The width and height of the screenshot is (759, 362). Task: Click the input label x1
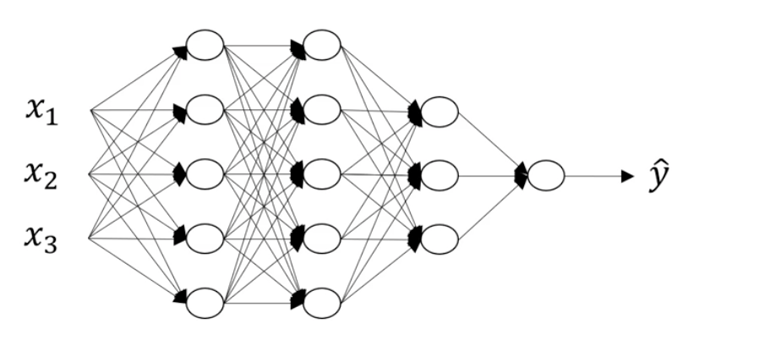[41, 112]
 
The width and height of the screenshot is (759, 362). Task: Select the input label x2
[41, 175]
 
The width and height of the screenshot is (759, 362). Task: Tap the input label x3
[41, 239]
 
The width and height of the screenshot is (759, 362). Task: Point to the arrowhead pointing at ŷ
[627, 176]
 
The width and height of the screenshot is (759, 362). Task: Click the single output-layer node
[545, 176]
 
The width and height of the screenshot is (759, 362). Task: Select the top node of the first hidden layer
[205, 46]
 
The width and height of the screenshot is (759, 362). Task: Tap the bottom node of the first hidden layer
[205, 303]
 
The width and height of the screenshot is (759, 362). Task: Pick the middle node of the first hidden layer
[205, 174]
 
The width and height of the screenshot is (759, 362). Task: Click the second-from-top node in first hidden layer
[205, 110]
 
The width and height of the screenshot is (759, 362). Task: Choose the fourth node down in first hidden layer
[205, 239]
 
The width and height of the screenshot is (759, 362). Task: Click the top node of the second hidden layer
[321, 46]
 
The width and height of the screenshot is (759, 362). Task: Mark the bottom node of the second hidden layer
[321, 303]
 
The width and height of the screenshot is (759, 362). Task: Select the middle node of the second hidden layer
[321, 174]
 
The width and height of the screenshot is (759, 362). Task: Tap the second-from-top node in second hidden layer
[321, 110]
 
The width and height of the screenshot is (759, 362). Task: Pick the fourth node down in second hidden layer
[321, 239]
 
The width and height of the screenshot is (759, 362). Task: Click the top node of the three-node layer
[439, 111]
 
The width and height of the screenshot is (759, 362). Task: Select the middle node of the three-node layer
[439, 175]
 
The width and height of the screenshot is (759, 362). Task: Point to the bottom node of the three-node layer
[439, 239]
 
